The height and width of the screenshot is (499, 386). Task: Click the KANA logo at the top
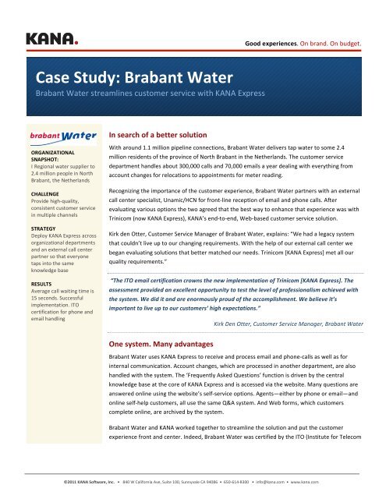52,37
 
